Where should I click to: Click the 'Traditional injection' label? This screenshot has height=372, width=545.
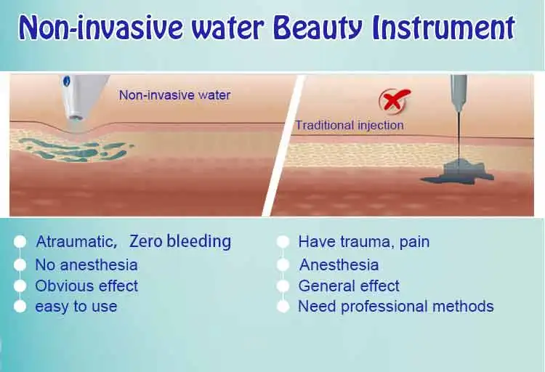point(349,125)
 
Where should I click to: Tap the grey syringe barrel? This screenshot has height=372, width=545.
point(459,90)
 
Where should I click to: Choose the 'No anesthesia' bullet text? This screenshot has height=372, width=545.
point(86,264)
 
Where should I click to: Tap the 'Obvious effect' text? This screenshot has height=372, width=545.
point(86,286)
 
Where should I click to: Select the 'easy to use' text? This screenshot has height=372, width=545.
point(76,307)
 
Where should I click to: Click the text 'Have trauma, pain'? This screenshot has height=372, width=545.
point(363,242)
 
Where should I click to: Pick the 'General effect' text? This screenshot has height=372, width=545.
point(349,286)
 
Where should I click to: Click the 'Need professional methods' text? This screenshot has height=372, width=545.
point(396,307)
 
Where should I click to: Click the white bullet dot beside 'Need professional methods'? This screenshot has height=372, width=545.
point(284,307)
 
